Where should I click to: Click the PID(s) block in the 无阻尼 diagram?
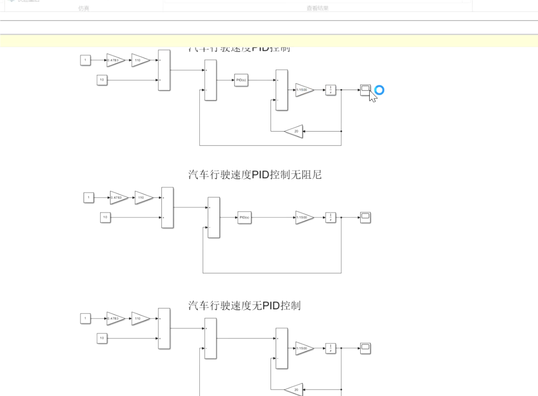pos(244,217)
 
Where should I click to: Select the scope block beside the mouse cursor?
pos(365,90)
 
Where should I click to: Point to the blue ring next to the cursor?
pos(379,90)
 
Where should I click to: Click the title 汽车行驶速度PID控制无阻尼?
pos(254,175)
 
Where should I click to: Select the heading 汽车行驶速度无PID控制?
pos(244,305)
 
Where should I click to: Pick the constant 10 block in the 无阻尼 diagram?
pos(105,217)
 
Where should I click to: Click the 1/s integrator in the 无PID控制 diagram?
pos(330,348)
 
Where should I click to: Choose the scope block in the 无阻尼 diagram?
pos(365,217)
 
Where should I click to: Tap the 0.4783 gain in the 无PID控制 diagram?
pos(115,318)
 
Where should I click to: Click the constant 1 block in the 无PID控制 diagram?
pos(85,318)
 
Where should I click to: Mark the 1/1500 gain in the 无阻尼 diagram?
pos(304,217)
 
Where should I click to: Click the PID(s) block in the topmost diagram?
pos(241,80)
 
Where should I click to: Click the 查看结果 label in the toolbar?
pos(318,8)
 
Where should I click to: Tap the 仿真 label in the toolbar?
pos(84,8)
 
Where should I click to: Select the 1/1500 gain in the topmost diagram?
pos(304,90)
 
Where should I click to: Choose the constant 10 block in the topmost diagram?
pos(102,80)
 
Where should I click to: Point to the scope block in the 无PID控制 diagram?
pos(365,348)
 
